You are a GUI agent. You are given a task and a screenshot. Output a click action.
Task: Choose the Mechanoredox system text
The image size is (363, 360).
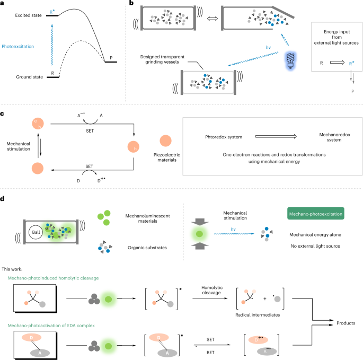(x=315, y=139)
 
